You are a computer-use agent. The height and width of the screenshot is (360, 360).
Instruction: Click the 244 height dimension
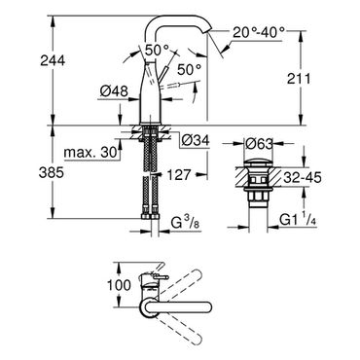coord(53,60)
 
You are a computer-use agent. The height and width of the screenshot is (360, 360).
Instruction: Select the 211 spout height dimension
coord(299,79)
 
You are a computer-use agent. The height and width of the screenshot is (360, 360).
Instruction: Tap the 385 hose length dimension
coord(52,173)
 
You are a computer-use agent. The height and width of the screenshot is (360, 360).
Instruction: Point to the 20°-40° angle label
coord(259,32)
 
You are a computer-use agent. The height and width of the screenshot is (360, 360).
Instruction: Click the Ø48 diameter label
coord(114,91)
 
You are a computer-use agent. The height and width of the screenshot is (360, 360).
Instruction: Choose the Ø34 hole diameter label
coord(196,140)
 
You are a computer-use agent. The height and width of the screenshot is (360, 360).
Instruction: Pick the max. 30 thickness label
coord(90,152)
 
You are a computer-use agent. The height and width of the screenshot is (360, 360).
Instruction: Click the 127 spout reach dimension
coord(179,175)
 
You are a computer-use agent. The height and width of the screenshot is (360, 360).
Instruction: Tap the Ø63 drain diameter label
coord(259,144)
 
